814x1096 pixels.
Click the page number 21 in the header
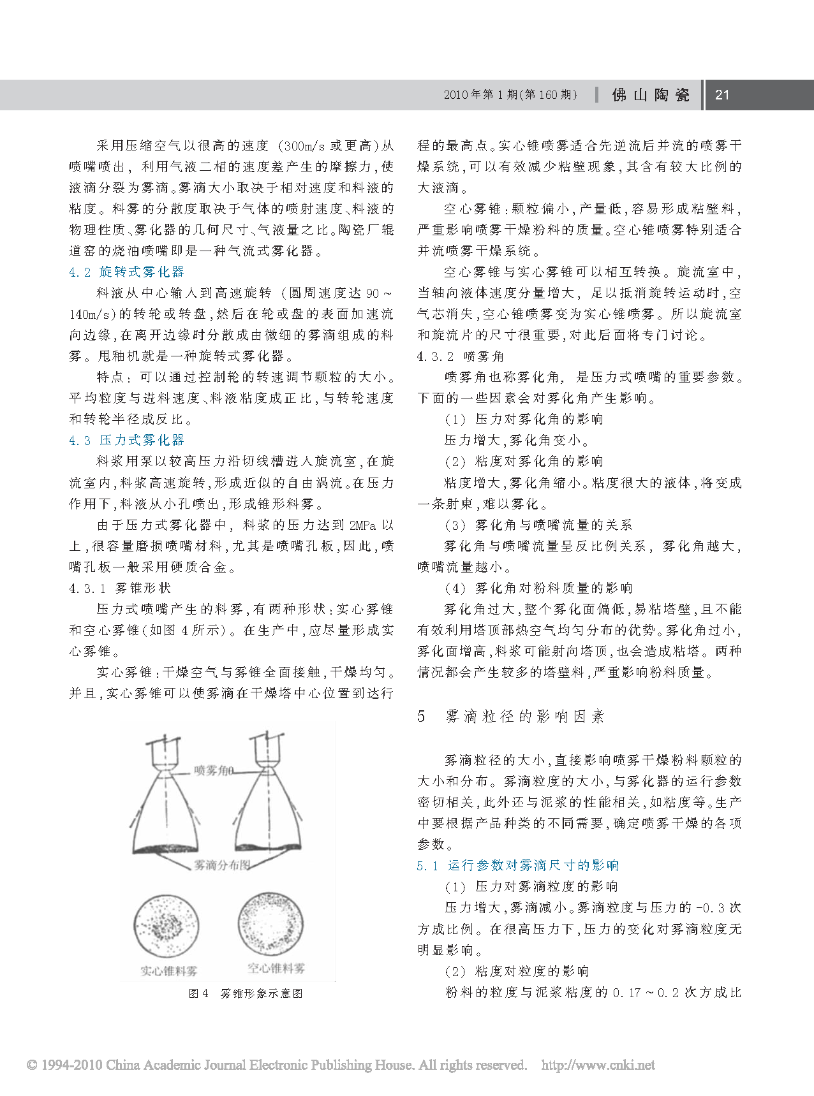722,95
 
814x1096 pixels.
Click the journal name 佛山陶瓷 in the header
651,95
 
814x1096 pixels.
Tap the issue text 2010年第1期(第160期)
510,95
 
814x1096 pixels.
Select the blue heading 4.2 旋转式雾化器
126,272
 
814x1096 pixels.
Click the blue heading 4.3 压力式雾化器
126,440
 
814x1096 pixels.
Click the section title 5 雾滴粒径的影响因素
510,716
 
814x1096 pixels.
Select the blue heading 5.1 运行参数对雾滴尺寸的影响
518,865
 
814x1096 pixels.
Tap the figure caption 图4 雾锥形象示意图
246,993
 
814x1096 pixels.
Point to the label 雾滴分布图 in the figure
222,865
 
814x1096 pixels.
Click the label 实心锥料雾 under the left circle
168,971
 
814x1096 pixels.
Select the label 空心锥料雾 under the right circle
276,968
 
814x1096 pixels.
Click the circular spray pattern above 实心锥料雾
166,925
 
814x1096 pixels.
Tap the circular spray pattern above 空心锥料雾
270,923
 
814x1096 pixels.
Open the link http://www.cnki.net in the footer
598,1065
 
